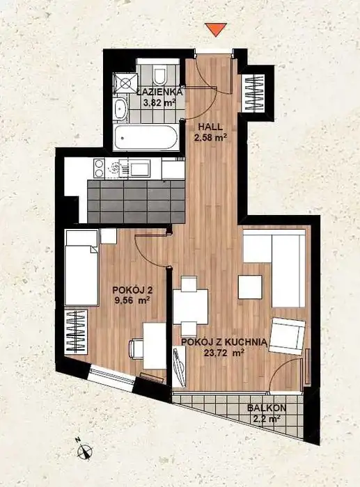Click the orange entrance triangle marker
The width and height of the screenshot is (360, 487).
click(216, 29)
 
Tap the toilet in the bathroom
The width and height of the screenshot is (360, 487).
click(159, 74)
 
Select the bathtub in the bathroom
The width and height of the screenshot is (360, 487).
click(146, 138)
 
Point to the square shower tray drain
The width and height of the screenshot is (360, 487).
click(125, 83)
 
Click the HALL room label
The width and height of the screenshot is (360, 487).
click(210, 127)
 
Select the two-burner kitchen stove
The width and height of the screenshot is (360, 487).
click(100, 168)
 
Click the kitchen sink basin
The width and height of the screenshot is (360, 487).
click(140, 169)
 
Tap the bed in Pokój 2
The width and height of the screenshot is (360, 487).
click(82, 267)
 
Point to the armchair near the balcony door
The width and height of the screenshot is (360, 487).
click(287, 336)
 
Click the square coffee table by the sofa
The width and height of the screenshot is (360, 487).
click(250, 287)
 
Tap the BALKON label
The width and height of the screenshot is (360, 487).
click(267, 408)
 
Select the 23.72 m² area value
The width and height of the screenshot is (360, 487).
click(224, 352)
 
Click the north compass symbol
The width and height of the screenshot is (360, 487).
click(85, 450)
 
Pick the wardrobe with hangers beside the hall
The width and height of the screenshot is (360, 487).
click(255, 93)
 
